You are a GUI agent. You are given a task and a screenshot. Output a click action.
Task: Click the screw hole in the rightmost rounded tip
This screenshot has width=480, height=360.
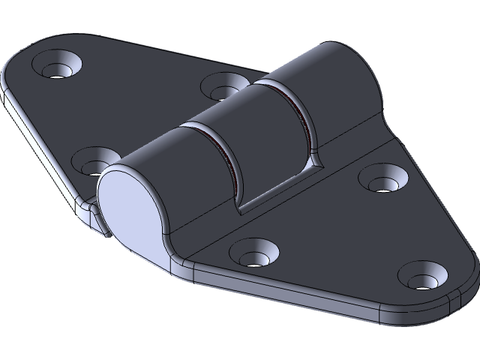(x=424, y=278)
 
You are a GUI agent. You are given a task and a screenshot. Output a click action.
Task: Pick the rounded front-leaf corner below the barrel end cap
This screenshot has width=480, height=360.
(x=176, y=262)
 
